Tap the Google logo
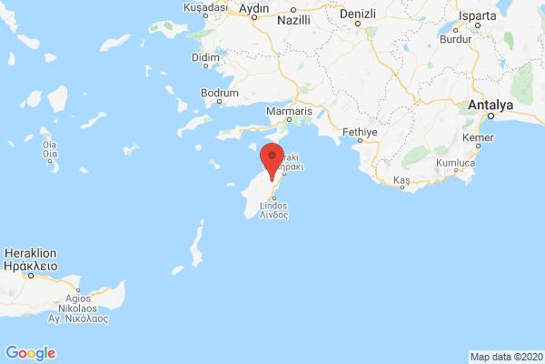click(x=30, y=352)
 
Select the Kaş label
click(x=401, y=182)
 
